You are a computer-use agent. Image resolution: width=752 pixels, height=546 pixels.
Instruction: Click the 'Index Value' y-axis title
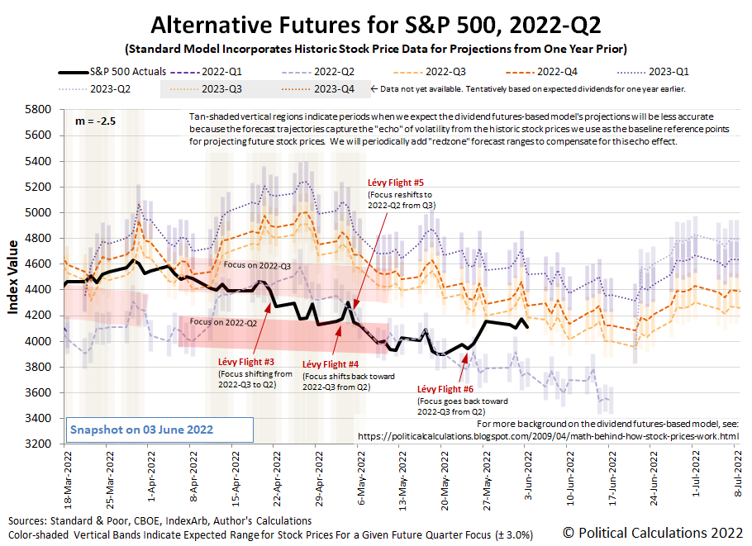(x=14, y=277)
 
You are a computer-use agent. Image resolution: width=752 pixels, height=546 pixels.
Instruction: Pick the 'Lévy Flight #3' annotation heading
(x=245, y=362)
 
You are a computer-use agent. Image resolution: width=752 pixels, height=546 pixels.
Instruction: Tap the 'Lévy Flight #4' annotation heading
(x=330, y=364)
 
